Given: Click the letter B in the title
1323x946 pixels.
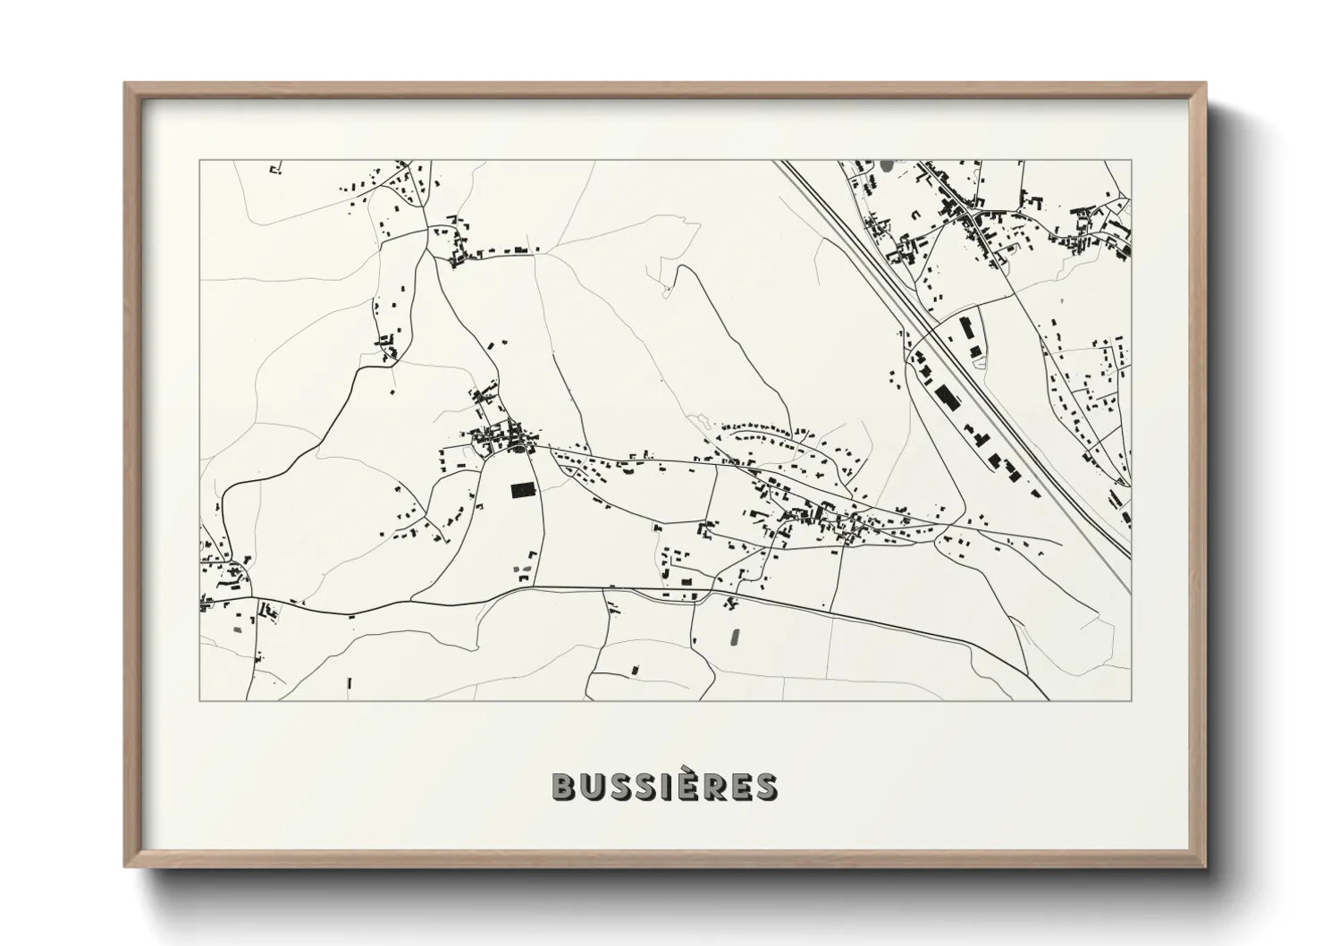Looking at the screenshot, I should pos(564,786).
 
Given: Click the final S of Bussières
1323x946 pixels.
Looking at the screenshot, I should pos(764,786).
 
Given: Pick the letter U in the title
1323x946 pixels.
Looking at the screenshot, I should pos(594,786).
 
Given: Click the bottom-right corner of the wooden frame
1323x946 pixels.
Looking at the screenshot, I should pos(1203,865).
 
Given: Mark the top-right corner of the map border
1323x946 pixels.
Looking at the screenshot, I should pos(1131,161).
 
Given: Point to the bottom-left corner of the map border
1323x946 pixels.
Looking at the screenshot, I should pos(199,700).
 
